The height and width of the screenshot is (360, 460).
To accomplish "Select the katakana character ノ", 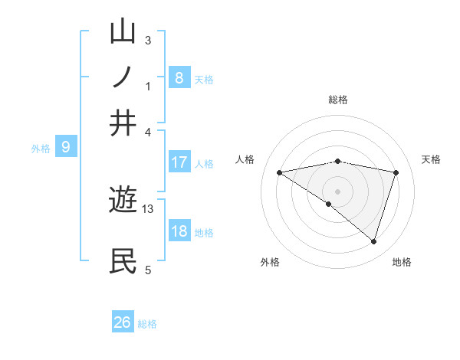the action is click(x=123, y=77).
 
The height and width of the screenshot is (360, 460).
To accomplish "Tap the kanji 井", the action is click(x=123, y=123).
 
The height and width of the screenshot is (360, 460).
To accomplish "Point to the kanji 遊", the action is click(x=123, y=201).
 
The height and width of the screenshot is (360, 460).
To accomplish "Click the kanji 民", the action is click(x=123, y=261).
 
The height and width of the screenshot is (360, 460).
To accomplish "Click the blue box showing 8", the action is click(x=179, y=77).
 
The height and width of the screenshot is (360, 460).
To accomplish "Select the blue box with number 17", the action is click(x=179, y=162).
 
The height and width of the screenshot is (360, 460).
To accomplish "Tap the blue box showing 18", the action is click(x=179, y=232).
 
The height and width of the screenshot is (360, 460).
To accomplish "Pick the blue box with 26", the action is click(x=123, y=322).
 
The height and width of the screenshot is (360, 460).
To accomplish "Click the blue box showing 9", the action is click(x=65, y=147).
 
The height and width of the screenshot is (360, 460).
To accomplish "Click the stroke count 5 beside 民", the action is click(x=148, y=270).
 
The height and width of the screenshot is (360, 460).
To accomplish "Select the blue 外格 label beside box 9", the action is click(x=41, y=149).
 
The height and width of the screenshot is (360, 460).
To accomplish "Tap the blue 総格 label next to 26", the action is click(x=147, y=324).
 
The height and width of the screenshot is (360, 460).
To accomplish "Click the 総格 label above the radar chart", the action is click(x=337, y=100).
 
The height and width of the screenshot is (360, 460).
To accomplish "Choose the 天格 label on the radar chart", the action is click(x=432, y=159).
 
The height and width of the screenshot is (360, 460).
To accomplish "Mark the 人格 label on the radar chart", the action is click(x=245, y=159).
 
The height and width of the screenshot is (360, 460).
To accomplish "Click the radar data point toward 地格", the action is click(x=373, y=241).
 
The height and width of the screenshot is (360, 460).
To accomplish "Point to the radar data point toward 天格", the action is click(x=396, y=172).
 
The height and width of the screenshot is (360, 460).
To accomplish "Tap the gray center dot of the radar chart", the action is click(x=337, y=191).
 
